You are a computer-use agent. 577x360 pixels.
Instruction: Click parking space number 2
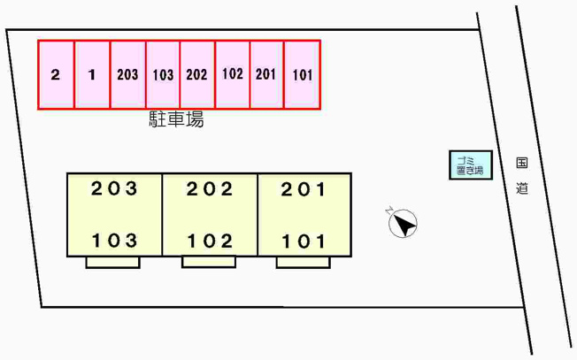point(57,74)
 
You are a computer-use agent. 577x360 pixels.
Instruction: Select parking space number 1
point(92,74)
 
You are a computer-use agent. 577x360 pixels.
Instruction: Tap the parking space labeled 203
point(128,74)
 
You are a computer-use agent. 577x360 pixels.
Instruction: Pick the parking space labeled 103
point(163,74)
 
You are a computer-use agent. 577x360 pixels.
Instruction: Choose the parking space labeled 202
point(197,74)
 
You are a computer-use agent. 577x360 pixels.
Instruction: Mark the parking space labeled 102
point(233,74)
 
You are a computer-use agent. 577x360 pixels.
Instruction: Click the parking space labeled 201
point(266,74)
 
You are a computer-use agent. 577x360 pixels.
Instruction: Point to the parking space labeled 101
point(302,74)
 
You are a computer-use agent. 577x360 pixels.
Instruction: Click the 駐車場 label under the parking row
point(176,119)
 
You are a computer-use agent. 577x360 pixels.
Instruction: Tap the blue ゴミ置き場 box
point(471,165)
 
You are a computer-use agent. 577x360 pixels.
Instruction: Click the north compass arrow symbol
point(403,223)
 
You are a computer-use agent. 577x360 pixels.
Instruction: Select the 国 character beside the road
point(522,162)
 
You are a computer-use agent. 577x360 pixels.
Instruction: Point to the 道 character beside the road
point(522,188)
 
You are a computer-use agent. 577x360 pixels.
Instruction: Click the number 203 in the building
point(114,189)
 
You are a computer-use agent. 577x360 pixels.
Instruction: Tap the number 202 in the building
point(210,189)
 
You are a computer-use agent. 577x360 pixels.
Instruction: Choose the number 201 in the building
point(304,190)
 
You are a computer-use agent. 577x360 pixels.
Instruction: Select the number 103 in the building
point(114,241)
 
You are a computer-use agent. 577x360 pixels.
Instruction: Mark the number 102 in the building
point(210,241)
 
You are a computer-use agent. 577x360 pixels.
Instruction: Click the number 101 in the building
point(304,241)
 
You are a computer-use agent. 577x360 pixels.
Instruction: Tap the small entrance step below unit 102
point(209,262)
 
